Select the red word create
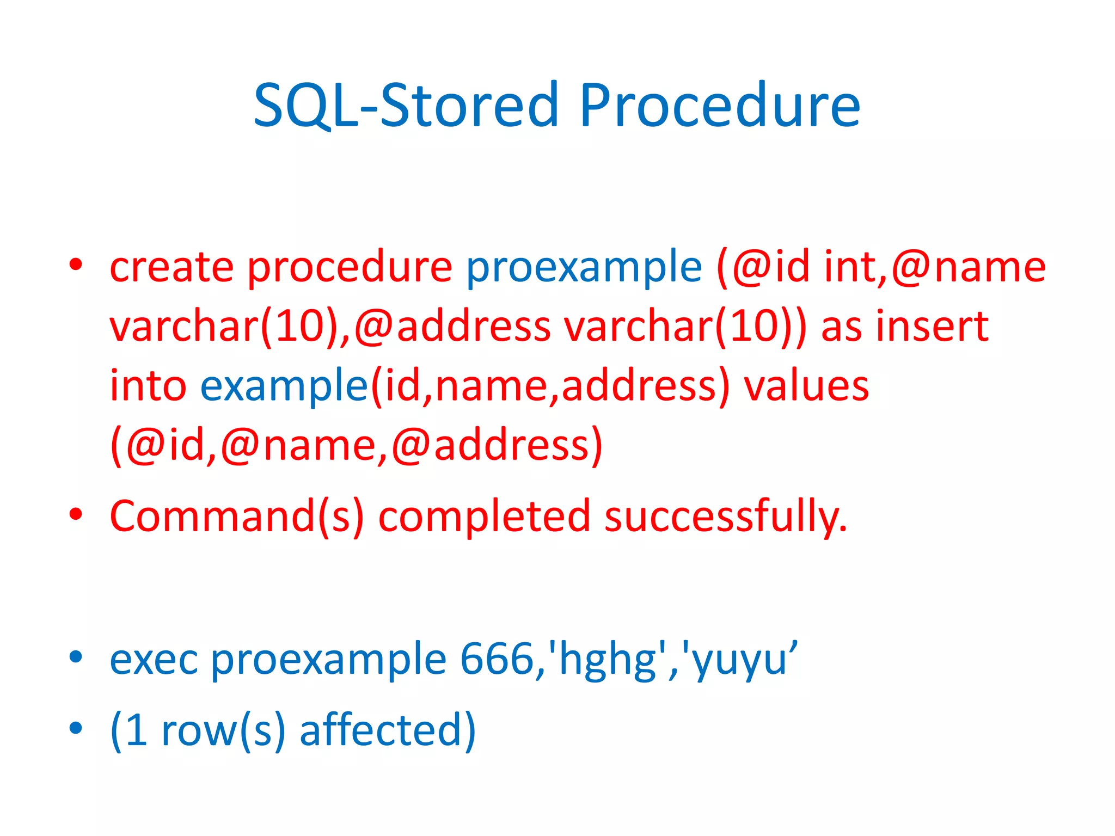tap(171, 267)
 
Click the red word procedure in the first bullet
tap(350, 267)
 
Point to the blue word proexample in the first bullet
tap(584, 267)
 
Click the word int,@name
tap(934, 267)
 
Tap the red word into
tap(148, 386)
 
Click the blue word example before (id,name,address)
tap(284, 386)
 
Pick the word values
tap(806, 386)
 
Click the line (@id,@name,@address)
tap(357, 445)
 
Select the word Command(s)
tap(237, 516)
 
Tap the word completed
tap(484, 516)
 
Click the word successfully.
tap(725, 516)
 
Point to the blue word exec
tap(154, 659)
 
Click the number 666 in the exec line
tap(497, 659)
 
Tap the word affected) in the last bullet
tap(388, 730)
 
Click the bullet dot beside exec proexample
tap(76, 657)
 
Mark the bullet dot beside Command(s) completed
tap(76, 514)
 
